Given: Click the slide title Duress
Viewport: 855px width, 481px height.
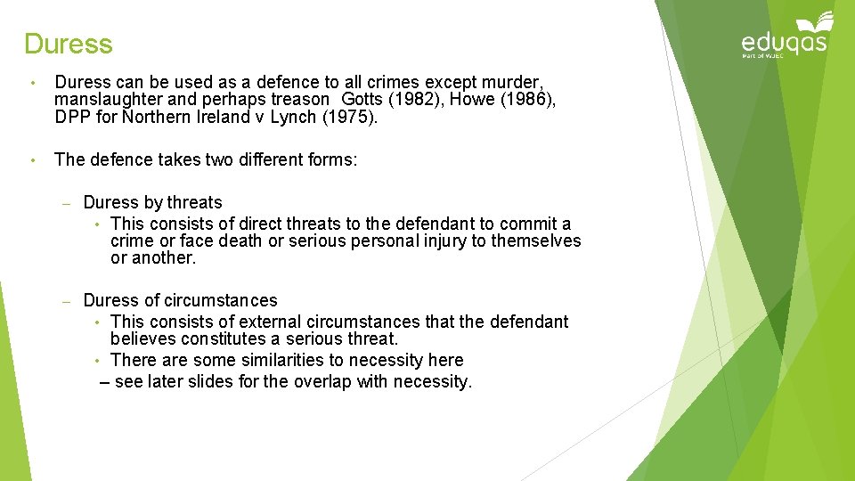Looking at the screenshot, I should pos(69,44).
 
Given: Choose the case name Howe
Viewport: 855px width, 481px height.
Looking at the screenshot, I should pos(474,101).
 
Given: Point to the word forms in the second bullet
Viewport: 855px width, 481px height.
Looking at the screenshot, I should pos(330,159).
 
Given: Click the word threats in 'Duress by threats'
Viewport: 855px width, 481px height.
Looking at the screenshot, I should pos(194,203).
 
